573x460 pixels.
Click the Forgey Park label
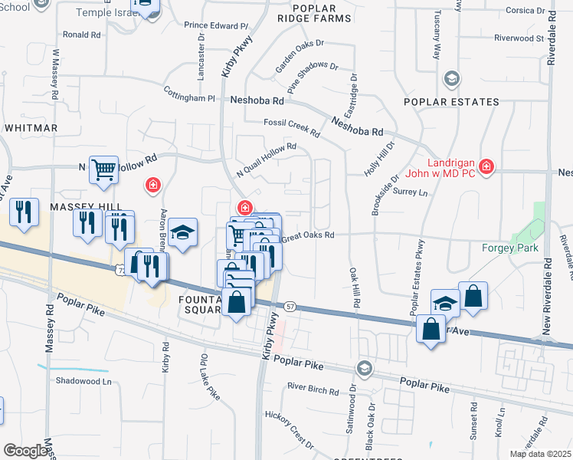509,248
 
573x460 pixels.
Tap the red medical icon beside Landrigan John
486,166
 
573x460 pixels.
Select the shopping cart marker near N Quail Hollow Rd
103,169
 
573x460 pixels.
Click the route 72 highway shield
120,269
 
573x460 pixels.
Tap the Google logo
25,451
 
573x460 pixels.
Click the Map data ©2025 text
541,454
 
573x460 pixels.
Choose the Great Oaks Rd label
308,236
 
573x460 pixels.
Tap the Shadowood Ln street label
83,381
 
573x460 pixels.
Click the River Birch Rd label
313,390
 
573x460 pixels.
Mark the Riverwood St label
519,38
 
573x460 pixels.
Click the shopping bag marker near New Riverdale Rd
473,297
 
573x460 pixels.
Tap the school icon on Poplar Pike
363,370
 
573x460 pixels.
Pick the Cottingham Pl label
189,97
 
